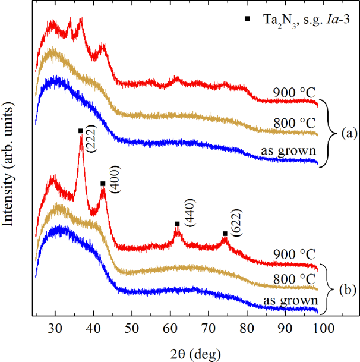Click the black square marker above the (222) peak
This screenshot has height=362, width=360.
pyautogui.click(x=81, y=131)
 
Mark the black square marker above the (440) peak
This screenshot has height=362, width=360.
pyautogui.click(x=177, y=224)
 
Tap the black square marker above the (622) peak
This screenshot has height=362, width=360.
pyautogui.click(x=225, y=234)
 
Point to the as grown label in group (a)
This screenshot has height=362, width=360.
pyautogui.click(x=288, y=150)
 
